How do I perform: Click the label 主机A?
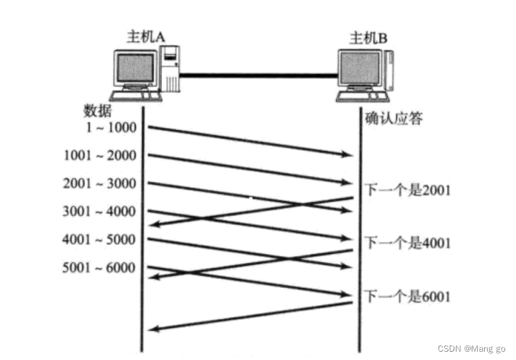point(145,37)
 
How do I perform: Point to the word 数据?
point(98,111)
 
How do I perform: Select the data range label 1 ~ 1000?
point(112,127)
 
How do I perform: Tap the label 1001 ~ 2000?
point(100,156)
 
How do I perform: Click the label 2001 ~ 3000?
point(100,183)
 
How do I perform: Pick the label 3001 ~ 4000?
point(100,211)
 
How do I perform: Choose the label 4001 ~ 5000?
point(100,240)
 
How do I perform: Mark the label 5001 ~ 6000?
point(100,268)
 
